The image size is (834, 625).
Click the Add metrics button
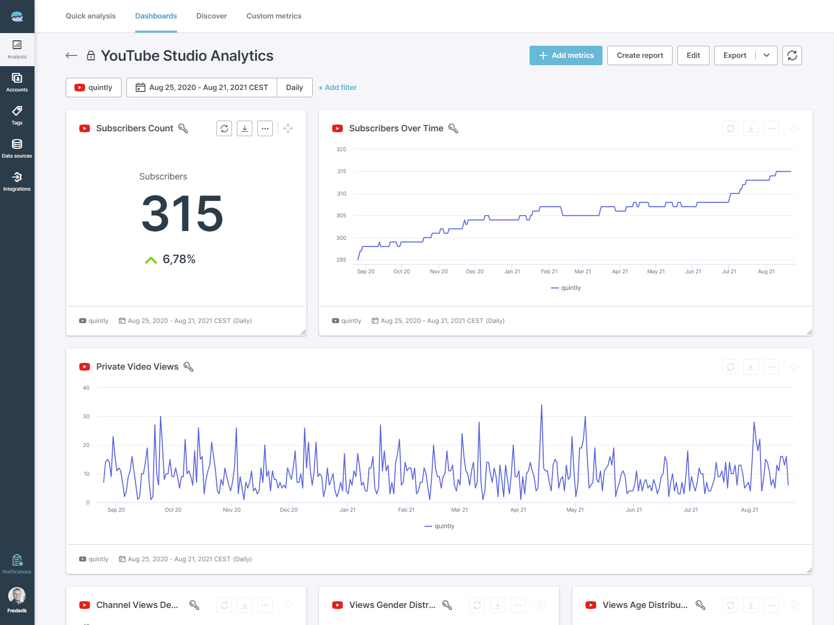tap(566, 55)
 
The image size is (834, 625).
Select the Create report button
tap(639, 55)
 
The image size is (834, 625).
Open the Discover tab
tap(212, 16)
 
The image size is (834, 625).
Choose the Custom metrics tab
tap(274, 16)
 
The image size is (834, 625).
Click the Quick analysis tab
tap(90, 16)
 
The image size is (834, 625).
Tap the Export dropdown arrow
tap(766, 55)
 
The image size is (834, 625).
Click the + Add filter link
tap(337, 88)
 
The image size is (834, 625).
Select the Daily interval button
tap(294, 88)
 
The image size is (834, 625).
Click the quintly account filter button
tap(93, 88)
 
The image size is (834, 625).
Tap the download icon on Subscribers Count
tap(245, 128)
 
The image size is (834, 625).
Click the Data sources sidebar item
tap(17, 148)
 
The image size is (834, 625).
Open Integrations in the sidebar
tap(17, 181)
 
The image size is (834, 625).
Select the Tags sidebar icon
tap(17, 115)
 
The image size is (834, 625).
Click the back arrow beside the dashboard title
tap(71, 55)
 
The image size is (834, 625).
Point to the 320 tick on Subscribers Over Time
tap(341, 149)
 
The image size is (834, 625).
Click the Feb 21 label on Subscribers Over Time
tap(549, 271)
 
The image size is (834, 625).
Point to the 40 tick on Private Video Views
tap(86, 388)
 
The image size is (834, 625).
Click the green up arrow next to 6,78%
tap(151, 260)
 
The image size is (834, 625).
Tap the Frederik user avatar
tap(17, 596)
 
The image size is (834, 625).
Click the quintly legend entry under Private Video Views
tap(440, 526)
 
